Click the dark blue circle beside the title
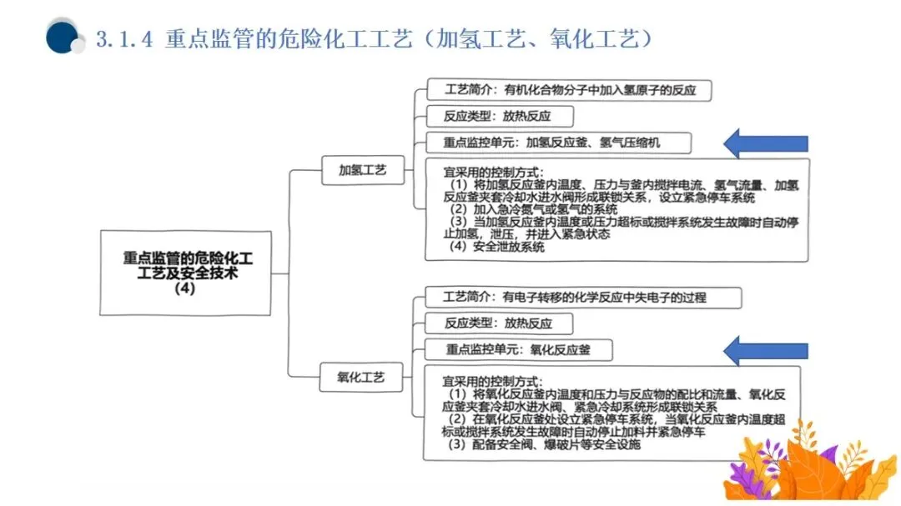(63, 37)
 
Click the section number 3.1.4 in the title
(125, 38)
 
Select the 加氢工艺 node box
(362, 170)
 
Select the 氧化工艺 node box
(361, 378)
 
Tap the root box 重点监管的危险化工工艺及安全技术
(185, 273)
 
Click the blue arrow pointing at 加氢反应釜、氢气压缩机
(765, 143)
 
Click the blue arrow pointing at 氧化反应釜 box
(765, 350)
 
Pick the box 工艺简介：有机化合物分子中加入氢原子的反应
(569, 89)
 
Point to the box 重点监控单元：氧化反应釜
(517, 350)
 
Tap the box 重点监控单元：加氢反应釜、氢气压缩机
(557, 143)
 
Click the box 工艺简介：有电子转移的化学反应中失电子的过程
(571, 297)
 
